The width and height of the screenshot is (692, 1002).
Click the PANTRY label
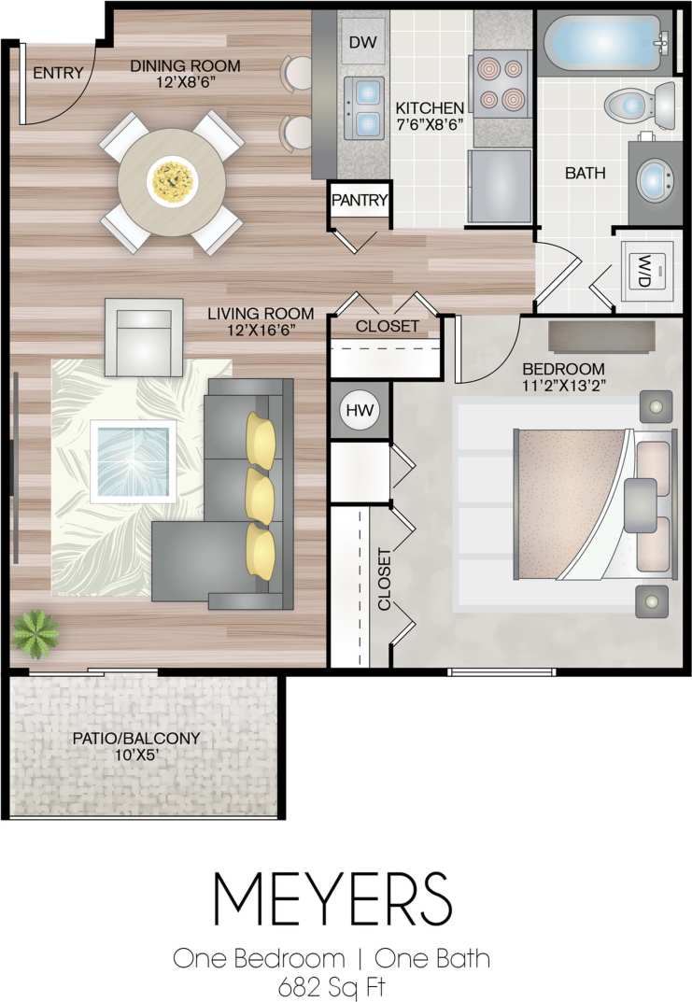pyautogui.click(x=359, y=200)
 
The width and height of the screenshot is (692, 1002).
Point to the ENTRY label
pyautogui.click(x=58, y=74)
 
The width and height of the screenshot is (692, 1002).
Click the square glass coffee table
pyautogui.click(x=133, y=458)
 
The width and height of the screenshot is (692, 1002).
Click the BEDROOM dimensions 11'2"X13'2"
pyautogui.click(x=563, y=386)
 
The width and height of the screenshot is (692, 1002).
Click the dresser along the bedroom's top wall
pyautogui.click(x=600, y=336)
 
